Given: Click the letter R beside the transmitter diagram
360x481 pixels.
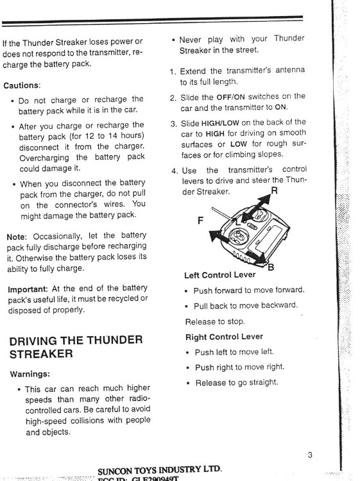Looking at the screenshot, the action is click(x=274, y=190).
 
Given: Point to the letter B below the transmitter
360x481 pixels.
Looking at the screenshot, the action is click(x=271, y=267).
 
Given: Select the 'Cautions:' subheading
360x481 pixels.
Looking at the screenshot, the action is click(x=22, y=85).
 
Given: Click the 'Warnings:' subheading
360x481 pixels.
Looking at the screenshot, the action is click(x=31, y=373).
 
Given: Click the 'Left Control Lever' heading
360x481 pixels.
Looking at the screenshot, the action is click(x=220, y=276).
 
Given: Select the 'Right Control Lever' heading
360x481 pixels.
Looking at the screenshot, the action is click(x=223, y=336).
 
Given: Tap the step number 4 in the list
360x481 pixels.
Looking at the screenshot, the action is click(x=175, y=171).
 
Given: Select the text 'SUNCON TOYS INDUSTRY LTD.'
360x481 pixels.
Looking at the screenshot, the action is click(x=159, y=469).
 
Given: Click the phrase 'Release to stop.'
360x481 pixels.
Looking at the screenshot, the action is click(x=216, y=321).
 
